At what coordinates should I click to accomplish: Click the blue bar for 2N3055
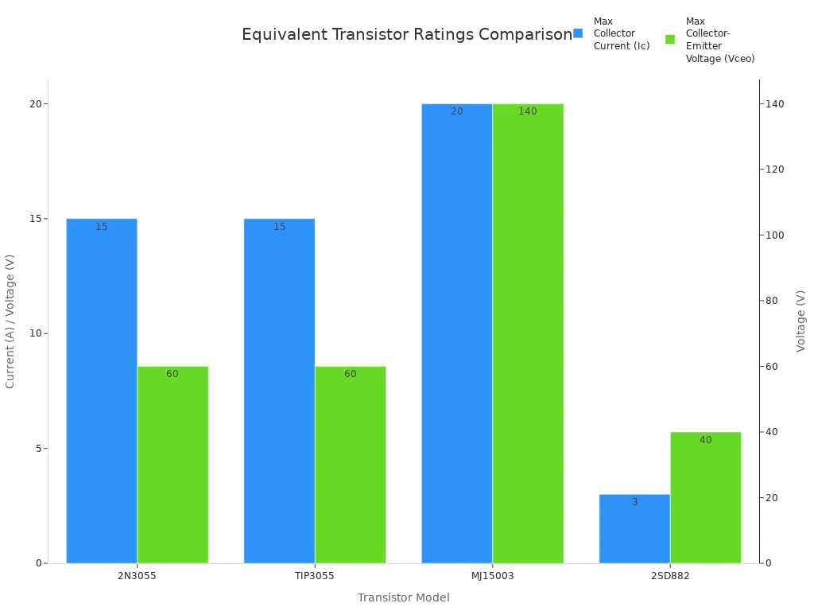[102, 391]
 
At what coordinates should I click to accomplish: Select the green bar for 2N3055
[172, 465]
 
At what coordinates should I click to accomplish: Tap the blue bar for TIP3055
[279, 391]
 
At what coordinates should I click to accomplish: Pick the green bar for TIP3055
[351, 465]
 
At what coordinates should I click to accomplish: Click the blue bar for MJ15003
[457, 333]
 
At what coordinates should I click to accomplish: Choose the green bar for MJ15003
[528, 333]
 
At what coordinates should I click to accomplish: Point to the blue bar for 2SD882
[634, 528]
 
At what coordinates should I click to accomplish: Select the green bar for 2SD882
[706, 497]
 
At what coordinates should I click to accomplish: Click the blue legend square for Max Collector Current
[578, 33]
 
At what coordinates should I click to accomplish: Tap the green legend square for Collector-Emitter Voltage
[670, 39]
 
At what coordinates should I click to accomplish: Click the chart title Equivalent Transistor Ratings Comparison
[406, 35]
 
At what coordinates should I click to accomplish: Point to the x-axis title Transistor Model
[403, 597]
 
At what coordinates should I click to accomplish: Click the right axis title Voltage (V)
[800, 321]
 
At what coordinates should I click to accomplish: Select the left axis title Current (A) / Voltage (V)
[10, 321]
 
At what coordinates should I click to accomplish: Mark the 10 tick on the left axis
[34, 333]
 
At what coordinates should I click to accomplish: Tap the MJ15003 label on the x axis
[492, 575]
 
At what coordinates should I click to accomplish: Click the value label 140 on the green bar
[528, 111]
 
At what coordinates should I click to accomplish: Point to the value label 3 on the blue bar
[634, 502]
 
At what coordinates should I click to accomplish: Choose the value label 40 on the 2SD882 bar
[706, 440]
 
